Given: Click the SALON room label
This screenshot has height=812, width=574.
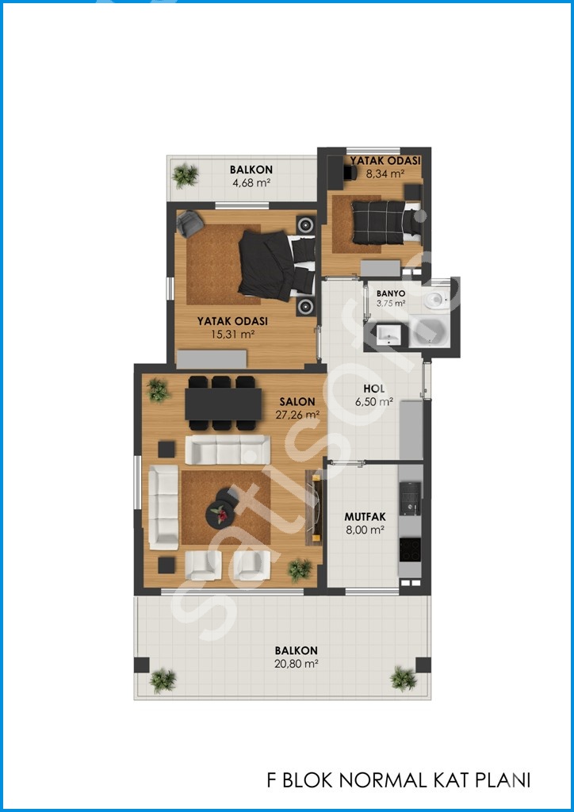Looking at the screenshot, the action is coord(297,401).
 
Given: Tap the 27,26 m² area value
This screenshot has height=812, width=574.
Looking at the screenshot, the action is coord(297,414).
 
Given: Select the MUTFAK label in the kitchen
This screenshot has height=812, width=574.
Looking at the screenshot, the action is coord(365,517).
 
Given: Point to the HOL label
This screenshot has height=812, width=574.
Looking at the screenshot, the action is coord(373,389).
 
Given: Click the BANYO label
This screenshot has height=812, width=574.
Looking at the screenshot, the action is coord(391,293).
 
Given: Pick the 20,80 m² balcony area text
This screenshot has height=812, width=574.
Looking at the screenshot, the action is coord(296,664).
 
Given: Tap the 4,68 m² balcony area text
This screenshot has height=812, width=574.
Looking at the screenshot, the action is coord(251,182).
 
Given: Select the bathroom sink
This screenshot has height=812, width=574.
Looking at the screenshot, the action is coord(388,334).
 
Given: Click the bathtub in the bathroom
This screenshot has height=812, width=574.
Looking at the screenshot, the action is coord(430,333).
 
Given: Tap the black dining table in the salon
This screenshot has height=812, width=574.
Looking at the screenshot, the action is coord(223,404).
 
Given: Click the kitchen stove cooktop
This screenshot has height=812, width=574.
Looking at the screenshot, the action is coord(410,550).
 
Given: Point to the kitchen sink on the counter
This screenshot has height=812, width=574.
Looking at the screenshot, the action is coord(410,498).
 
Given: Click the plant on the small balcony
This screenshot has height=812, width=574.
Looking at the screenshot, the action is coord(185,175).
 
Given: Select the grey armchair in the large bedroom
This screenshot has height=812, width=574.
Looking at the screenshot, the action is coord(190,224).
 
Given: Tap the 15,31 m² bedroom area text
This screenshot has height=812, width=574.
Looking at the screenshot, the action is coord(232,335).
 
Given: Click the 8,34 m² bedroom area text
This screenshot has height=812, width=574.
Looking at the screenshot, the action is coord(385,174).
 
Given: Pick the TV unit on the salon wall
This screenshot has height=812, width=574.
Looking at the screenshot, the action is coord(314,507).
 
